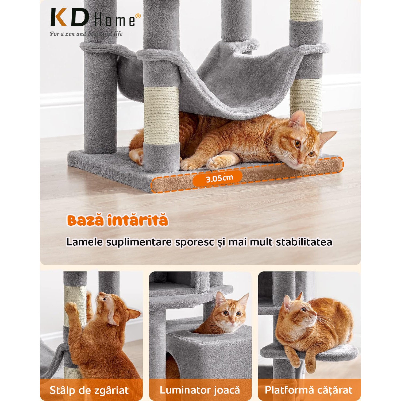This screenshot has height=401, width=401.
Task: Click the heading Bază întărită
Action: [118, 221]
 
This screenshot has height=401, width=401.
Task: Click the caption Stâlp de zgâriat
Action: [89, 390]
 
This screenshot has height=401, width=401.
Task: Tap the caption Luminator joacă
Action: [200, 390]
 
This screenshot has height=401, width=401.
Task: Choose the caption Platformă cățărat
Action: [309, 390]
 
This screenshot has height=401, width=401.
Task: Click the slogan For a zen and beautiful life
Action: [86, 34]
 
